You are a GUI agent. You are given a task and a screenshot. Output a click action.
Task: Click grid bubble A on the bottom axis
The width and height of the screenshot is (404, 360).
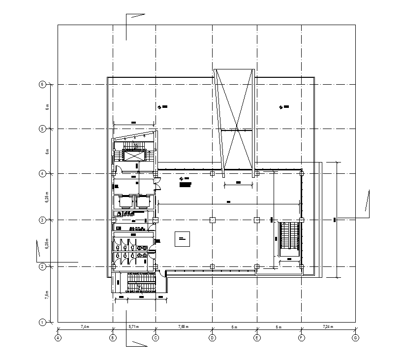pyautogui.click(x=58, y=338)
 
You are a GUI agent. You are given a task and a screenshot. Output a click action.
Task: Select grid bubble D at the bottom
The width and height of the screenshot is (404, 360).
pyautogui.click(x=212, y=338)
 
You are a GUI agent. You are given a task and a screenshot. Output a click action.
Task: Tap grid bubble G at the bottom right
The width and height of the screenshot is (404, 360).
pyautogui.click(x=355, y=338)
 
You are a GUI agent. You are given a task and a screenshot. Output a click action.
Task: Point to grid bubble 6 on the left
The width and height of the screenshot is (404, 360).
pyautogui.click(x=42, y=84)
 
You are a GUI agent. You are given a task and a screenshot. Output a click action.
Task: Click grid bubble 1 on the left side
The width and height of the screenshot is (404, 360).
pyautogui.click(x=42, y=322)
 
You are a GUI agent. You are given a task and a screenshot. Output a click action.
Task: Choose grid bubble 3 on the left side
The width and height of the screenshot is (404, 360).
pyautogui.click(x=42, y=220)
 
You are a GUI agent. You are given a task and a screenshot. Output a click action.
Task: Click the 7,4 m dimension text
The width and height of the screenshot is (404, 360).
pyautogui.click(x=85, y=327)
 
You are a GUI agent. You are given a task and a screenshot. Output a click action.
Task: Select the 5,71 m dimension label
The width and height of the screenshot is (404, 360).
pyautogui.click(x=134, y=327)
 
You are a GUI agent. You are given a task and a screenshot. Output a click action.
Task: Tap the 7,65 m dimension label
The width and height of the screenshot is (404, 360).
pyautogui.click(x=184, y=327)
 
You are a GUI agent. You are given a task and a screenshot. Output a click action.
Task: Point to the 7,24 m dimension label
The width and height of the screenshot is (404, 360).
pyautogui.click(x=328, y=327)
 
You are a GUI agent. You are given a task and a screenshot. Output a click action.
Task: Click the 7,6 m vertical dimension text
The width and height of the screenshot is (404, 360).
pyautogui.click(x=47, y=295)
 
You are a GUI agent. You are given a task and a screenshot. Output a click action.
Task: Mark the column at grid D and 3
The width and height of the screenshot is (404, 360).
pyautogui.click(x=212, y=220)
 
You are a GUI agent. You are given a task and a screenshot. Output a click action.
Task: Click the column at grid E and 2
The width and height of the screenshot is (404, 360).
pyautogui.click(x=257, y=266)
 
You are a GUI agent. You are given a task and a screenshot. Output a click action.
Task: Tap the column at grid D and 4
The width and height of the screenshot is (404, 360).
pyautogui.click(x=212, y=173)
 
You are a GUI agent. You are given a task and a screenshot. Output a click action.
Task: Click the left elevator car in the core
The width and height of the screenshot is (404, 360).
pyautogui.click(x=124, y=202)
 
